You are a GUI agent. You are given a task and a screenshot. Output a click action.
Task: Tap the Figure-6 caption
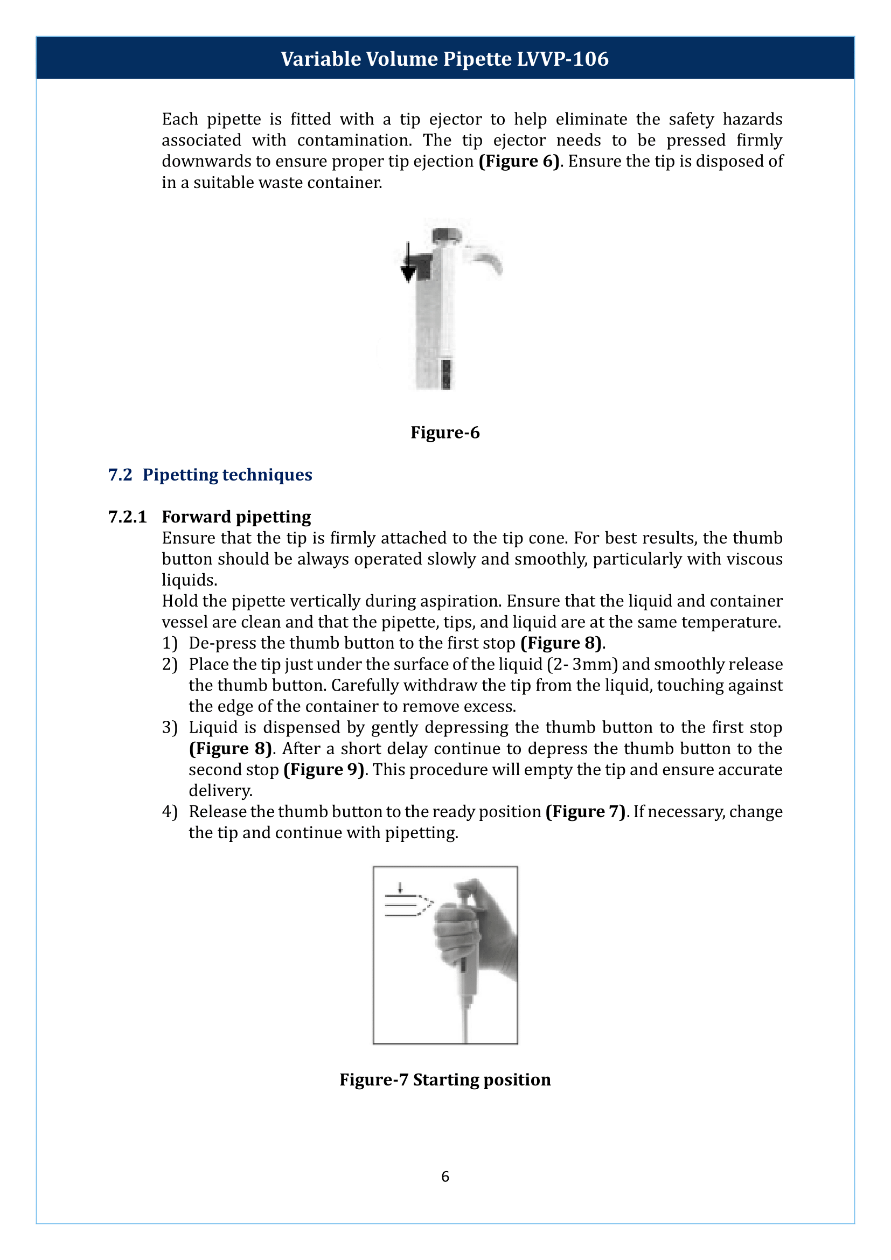[445, 433]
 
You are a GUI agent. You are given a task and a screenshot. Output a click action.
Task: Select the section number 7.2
[120, 475]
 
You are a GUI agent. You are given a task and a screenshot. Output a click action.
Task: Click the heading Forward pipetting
[236, 517]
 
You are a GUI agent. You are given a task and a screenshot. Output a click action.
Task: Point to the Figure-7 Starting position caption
[445, 1080]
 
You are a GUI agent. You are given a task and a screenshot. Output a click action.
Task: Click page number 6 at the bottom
[445, 1176]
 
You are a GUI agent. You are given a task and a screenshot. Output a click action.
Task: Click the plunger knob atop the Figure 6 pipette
[445, 236]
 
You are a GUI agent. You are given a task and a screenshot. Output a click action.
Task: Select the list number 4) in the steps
[169, 812]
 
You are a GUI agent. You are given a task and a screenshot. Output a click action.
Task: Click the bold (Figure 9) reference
[324, 769]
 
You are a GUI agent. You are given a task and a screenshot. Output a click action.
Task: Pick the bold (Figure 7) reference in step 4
[586, 812]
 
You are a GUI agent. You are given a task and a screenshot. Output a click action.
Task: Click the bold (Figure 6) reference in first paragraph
[519, 162]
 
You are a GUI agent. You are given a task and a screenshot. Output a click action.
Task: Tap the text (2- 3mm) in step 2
[582, 665]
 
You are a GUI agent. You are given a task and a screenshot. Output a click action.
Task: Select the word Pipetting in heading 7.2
[180, 475]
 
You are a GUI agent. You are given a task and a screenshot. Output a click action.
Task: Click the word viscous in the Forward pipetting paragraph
[754, 559]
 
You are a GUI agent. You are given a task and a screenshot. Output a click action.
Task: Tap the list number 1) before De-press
[169, 643]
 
